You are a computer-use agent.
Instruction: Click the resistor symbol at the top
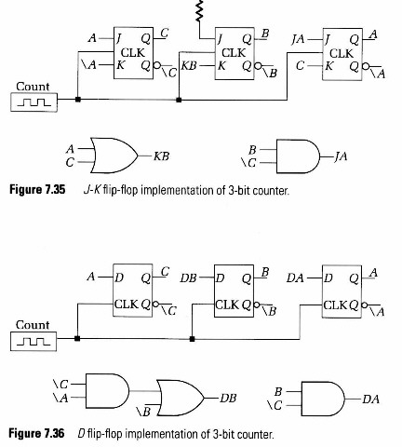coord(200,11)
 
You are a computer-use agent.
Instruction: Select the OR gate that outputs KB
coord(114,156)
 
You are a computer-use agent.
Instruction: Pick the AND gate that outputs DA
coord(323,399)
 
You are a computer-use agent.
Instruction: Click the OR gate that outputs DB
coord(181,398)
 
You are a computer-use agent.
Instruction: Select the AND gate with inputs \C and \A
coord(107,391)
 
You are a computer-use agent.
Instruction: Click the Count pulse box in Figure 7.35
coord(33,102)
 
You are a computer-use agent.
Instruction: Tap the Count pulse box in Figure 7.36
coord(33,342)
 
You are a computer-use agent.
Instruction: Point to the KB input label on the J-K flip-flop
coord(189,66)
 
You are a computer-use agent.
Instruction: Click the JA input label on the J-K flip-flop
coord(298,40)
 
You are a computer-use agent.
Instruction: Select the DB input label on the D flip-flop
coord(188,278)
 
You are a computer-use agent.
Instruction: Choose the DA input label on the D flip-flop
coord(295,278)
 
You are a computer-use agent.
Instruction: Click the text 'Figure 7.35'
coord(37,190)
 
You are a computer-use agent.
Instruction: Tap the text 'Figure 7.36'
coord(36,433)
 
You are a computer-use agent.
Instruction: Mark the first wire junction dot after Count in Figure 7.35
coord(78,100)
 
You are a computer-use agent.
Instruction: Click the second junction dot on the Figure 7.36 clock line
coord(192,339)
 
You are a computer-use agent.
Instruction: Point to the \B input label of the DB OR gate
coord(143,412)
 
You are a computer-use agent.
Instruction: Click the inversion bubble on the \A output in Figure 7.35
coord(366,66)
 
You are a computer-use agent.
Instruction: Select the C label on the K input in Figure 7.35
coord(300,66)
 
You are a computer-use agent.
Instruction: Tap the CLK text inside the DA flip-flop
coord(335,305)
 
